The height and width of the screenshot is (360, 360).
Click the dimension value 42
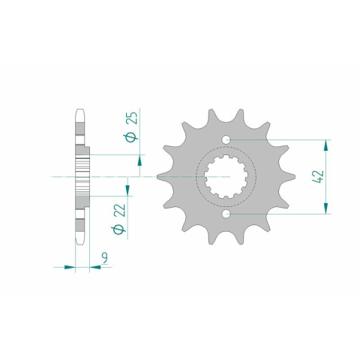pyautogui.click(x=319, y=177)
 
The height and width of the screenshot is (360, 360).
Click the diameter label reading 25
pyautogui.click(x=132, y=118)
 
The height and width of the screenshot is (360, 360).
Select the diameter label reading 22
pyautogui.click(x=119, y=210)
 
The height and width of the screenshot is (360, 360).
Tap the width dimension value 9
pyautogui.click(x=105, y=258)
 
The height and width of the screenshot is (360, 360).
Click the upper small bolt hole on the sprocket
pyautogui.click(x=226, y=139)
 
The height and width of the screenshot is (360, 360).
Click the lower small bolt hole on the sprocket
pyautogui.click(x=226, y=214)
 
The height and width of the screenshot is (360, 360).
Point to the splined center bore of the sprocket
pyautogui.click(x=226, y=177)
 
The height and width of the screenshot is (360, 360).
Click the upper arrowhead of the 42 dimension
pyautogui.click(x=325, y=145)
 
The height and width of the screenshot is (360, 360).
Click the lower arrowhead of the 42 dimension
pyautogui.click(x=325, y=208)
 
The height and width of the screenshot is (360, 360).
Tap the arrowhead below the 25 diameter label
pyautogui.click(x=139, y=160)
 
